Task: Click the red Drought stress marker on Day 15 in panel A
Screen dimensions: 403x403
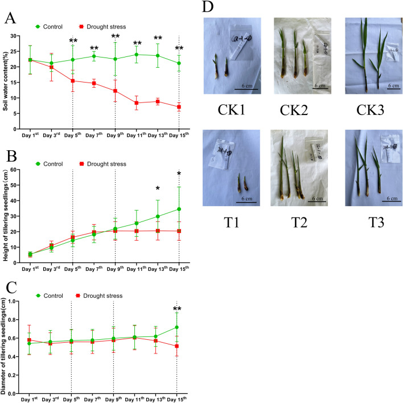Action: (x=179, y=107)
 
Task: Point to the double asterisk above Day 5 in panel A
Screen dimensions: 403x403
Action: (x=73, y=42)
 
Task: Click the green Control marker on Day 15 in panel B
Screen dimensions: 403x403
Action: (x=179, y=209)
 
